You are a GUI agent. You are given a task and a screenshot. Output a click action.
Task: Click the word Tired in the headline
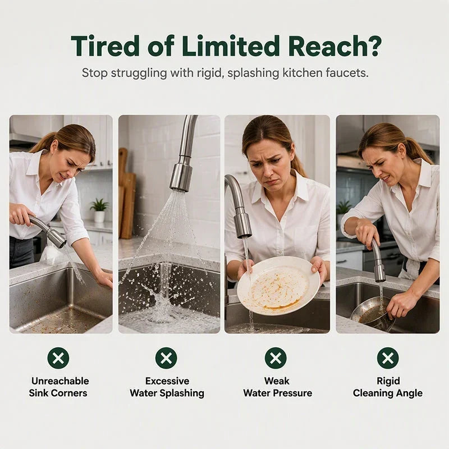coord(106,46)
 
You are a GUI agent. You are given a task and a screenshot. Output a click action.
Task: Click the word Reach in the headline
coord(325,46)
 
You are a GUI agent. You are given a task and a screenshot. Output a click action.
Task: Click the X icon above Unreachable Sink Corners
coord(58,358)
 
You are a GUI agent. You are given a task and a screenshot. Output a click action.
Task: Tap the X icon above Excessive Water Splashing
coord(166,358)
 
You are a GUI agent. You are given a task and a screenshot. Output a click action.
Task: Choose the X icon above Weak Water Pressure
coord(276,358)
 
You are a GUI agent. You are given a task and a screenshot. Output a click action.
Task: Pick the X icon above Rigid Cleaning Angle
coord(388,358)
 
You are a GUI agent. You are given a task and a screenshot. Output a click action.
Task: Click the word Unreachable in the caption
coord(60,381)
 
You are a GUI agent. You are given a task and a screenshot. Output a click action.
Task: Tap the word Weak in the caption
coord(277,381)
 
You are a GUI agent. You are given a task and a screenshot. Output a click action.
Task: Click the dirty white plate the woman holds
coord(278,285)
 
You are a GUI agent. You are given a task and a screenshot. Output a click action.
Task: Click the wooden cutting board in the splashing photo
coord(126,195)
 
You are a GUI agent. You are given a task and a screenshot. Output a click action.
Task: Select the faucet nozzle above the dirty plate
coord(243,226)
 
